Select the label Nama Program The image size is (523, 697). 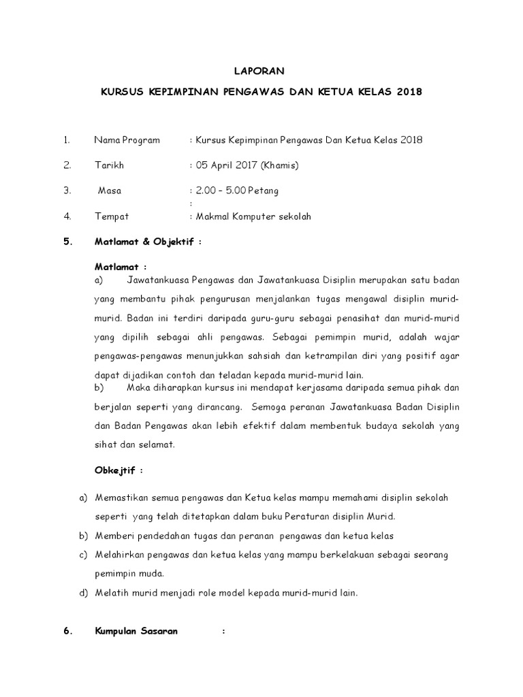[127, 140]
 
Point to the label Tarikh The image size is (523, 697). [109, 165]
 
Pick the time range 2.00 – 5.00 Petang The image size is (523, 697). [237, 191]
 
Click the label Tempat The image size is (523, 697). [111, 216]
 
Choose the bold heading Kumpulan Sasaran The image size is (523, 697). [136, 631]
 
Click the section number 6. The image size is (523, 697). [67, 631]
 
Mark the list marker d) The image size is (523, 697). [84, 593]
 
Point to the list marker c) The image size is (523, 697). [84, 555]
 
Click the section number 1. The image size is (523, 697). [67, 140]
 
